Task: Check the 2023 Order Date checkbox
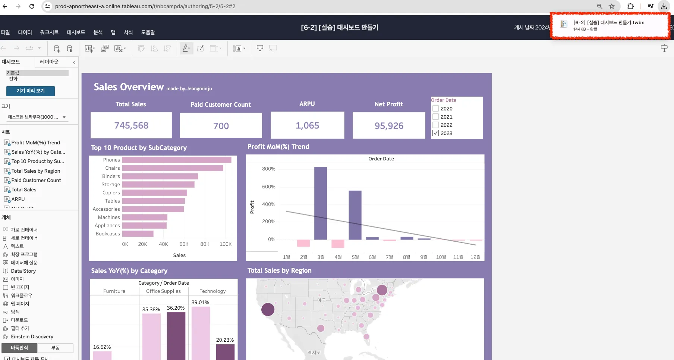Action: click(435, 133)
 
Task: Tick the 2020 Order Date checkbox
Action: click(435, 109)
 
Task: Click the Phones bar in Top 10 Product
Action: click(177, 160)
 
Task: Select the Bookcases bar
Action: click(138, 234)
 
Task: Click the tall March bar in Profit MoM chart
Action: click(321, 203)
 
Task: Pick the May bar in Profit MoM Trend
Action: click(355, 215)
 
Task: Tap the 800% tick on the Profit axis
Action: click(268, 169)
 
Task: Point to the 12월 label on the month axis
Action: click(475, 257)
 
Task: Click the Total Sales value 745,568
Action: click(131, 126)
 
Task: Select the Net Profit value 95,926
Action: click(389, 126)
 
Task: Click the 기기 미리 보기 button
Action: click(31, 91)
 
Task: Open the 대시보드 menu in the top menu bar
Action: click(76, 32)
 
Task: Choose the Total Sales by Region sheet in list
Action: click(35, 171)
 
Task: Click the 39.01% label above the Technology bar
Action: click(200, 302)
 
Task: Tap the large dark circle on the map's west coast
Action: click(268, 309)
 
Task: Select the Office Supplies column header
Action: click(163, 291)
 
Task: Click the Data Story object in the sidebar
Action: click(23, 271)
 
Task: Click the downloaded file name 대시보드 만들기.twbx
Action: click(608, 23)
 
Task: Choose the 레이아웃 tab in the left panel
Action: click(49, 62)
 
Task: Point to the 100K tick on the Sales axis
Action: click(226, 244)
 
